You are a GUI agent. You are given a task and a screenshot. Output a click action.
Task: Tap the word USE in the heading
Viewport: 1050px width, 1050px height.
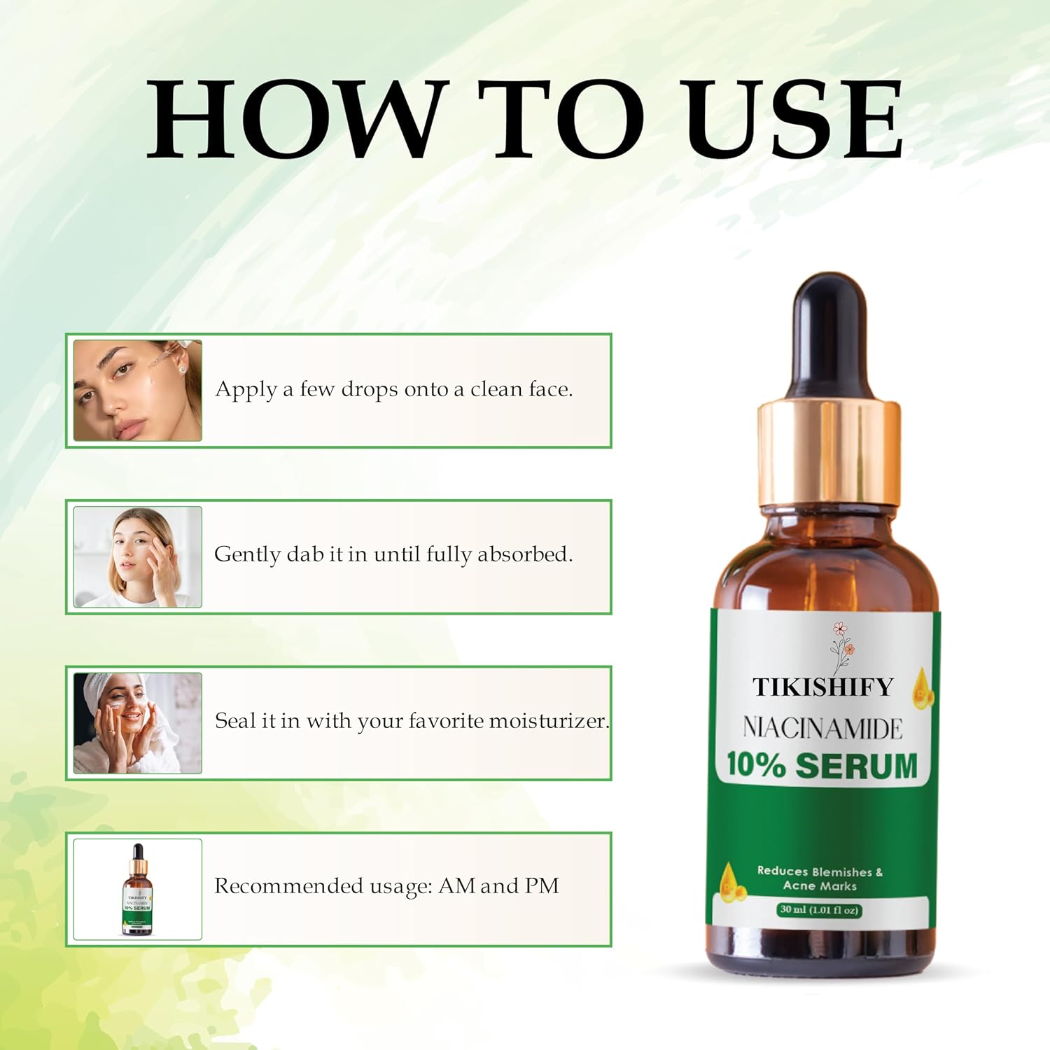(x=794, y=119)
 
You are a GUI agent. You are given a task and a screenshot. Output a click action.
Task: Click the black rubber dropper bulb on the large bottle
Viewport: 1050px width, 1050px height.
(x=829, y=336)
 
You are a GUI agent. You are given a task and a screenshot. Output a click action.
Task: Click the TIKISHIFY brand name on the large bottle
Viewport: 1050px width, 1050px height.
(x=823, y=687)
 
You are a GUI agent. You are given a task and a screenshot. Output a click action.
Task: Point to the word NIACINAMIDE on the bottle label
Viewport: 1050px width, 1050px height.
(x=823, y=729)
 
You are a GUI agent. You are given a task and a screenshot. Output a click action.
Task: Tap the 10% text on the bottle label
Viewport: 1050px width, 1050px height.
(x=756, y=764)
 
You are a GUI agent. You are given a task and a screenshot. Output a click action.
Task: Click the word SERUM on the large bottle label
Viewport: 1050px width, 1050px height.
(x=857, y=765)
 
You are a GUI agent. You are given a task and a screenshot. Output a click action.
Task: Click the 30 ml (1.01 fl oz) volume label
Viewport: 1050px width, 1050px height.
(x=819, y=910)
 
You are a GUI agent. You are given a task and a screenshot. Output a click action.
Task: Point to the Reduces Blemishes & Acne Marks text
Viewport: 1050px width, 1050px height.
(x=820, y=878)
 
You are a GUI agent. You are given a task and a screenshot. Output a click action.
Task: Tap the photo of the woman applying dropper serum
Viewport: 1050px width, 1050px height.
(x=138, y=391)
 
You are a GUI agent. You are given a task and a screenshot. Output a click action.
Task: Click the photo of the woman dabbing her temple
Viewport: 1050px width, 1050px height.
(x=138, y=557)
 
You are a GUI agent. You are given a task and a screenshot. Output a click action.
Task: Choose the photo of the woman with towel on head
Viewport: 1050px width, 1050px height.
(x=138, y=723)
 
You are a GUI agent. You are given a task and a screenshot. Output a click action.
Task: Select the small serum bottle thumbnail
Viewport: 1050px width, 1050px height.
(x=138, y=890)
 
